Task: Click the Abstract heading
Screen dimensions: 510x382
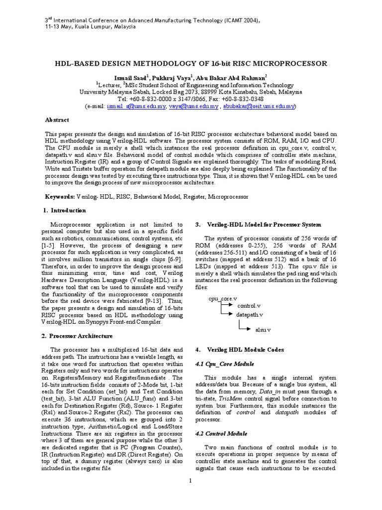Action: coord(57,120)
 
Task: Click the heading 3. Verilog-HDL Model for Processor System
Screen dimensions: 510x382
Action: coord(259,225)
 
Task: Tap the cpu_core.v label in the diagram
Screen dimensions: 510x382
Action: coord(223,298)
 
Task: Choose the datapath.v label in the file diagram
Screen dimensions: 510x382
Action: coord(249,315)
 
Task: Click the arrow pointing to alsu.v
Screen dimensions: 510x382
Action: coord(246,328)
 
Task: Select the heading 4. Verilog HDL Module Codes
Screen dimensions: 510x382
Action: coord(240,350)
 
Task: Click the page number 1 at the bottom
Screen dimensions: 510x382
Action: coord(191,480)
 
